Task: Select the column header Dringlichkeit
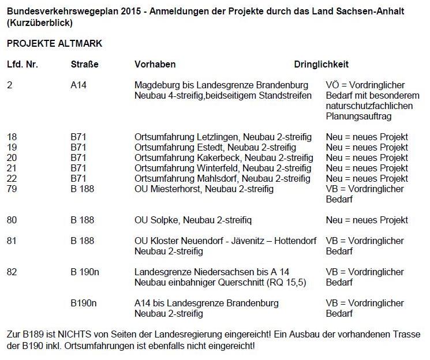[321, 65]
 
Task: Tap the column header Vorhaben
[155, 65]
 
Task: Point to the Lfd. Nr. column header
[23, 65]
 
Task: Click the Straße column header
[84, 65]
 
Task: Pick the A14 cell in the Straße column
[78, 85]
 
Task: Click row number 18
[12, 137]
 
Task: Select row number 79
[12, 189]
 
